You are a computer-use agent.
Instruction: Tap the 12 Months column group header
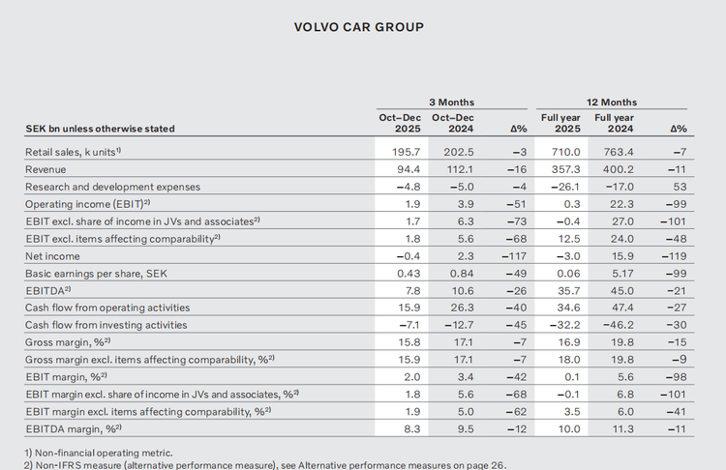pos(613,101)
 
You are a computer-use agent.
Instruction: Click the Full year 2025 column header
pos(560,122)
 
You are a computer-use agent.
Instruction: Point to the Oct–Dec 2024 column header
pos(452,122)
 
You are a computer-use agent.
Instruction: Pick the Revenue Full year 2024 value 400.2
pos(621,169)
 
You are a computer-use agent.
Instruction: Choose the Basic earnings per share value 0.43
pos(402,274)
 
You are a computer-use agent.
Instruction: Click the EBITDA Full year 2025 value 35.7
pos(564,291)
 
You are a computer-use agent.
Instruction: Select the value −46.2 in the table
pos(620,325)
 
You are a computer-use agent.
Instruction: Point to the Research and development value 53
pos(678,187)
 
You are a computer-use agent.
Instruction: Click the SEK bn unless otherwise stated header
pos(100,128)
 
